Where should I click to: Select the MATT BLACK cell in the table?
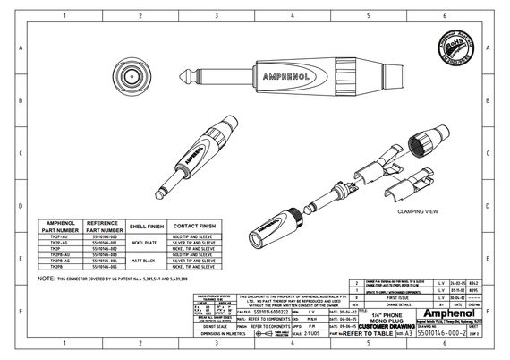pyautogui.click(x=144, y=259)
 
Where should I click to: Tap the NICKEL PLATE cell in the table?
pyautogui.click(x=144, y=242)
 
